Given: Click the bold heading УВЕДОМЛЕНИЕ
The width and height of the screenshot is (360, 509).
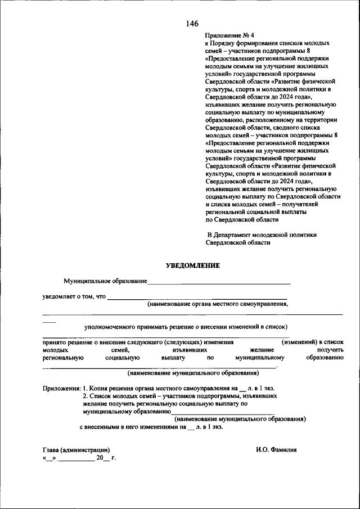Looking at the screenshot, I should (x=192, y=265).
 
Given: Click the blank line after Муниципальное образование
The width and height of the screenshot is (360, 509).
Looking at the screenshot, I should (x=219, y=281).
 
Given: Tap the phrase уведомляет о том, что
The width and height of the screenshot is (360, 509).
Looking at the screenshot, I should (x=74, y=296).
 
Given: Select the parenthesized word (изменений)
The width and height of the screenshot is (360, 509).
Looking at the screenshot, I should (x=299, y=341).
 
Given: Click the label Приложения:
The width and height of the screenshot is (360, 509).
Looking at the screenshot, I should (x=61, y=388).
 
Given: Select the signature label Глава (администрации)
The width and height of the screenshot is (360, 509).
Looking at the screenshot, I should (x=76, y=449).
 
